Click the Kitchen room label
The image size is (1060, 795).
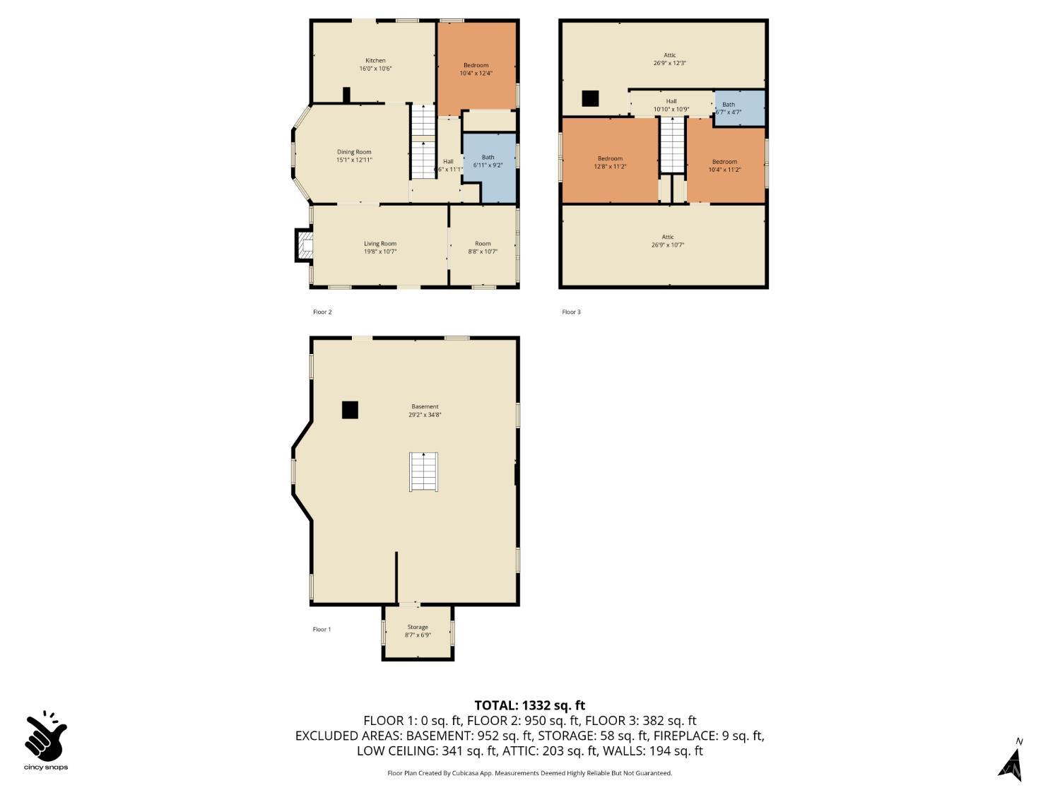pos(375,64)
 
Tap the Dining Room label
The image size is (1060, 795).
pos(354,155)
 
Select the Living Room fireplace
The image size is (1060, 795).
pos(305,245)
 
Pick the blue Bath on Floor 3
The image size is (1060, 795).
pos(739,108)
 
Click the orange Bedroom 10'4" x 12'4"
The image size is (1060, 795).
pos(476,69)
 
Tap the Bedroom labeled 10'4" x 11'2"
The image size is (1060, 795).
pos(724,165)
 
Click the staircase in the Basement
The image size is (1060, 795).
pos(424,471)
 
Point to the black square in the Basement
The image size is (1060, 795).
pos(350,410)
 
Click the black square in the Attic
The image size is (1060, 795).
pos(590,98)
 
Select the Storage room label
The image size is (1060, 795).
pos(418,630)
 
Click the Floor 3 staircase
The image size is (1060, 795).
pos(672,146)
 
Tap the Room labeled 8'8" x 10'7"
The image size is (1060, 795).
pos(483,247)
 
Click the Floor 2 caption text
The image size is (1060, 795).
pos(322,312)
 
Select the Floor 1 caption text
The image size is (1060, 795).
pos(322,629)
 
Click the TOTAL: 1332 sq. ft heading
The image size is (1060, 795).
pos(529,705)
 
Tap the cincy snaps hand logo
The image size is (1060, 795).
pos(46,737)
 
